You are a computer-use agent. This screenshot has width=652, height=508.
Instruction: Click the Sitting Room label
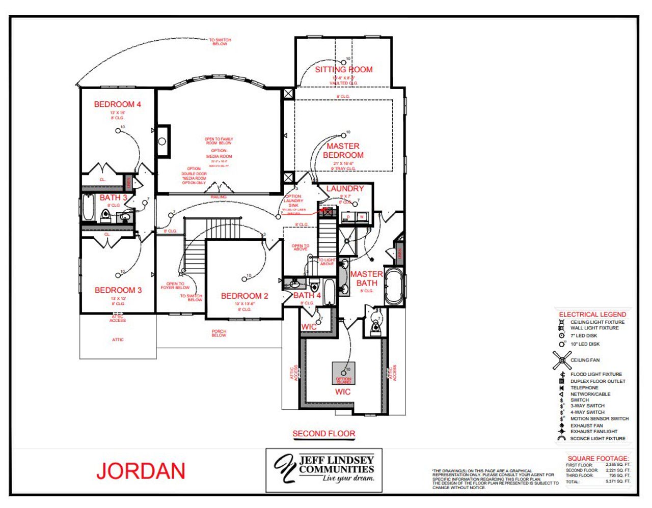click(344, 70)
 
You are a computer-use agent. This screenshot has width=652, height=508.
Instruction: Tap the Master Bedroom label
click(343, 151)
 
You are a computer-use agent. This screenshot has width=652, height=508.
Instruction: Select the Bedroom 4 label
click(118, 104)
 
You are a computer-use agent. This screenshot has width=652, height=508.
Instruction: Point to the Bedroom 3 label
click(118, 290)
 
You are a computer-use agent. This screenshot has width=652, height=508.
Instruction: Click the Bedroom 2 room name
click(244, 296)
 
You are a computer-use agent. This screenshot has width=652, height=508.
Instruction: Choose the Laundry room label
click(345, 189)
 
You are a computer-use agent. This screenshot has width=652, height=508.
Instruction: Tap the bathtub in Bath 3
click(89, 208)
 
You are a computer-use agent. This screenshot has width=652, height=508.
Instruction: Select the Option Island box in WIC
click(343, 374)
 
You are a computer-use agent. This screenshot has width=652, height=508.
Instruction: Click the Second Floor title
click(324, 434)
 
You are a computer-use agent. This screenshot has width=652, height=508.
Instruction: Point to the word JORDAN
click(141, 471)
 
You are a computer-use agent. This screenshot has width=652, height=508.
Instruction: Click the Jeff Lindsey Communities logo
click(324, 469)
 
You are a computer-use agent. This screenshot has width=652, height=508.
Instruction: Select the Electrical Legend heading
click(592, 315)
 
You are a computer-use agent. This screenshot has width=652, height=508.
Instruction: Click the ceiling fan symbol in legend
click(562, 360)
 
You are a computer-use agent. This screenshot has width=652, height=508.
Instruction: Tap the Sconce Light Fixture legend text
click(597, 438)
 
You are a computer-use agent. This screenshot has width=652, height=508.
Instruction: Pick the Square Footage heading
click(598, 458)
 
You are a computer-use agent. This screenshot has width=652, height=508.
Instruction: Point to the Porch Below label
click(219, 333)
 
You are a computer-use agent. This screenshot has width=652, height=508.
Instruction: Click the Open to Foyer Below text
click(175, 286)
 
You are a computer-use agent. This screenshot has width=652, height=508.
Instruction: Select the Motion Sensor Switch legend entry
click(599, 419)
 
